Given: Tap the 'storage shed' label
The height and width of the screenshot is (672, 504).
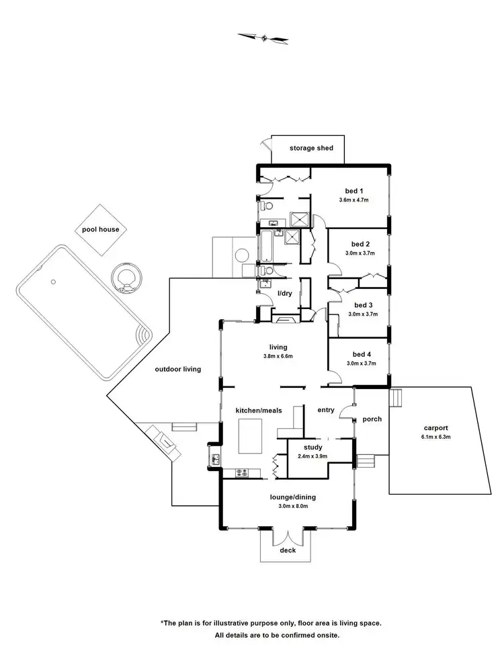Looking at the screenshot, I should click(x=311, y=148).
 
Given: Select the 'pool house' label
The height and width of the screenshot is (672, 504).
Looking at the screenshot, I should click(x=101, y=230).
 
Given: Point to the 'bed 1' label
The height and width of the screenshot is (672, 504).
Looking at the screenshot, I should click(x=354, y=191).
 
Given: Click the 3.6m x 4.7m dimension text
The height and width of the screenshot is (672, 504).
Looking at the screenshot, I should click(x=354, y=200).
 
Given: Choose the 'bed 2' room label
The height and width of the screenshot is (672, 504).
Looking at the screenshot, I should click(x=361, y=244).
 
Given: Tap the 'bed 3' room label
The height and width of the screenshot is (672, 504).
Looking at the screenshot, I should click(x=361, y=304).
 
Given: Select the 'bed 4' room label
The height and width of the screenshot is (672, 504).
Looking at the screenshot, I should click(x=361, y=354).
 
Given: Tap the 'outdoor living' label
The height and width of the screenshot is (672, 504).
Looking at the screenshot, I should click(x=178, y=369).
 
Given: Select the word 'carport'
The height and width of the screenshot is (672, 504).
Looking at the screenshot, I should click(x=436, y=427).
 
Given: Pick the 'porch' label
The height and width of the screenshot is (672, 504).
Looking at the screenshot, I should click(x=372, y=419).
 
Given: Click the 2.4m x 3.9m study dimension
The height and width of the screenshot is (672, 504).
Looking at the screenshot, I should click(x=312, y=457).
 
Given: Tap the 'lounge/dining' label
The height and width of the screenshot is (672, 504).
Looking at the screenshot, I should click(x=293, y=497).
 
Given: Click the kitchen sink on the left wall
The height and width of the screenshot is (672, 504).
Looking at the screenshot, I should click(x=216, y=460).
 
